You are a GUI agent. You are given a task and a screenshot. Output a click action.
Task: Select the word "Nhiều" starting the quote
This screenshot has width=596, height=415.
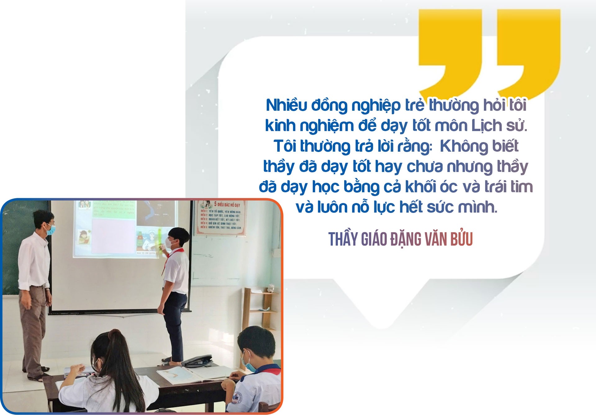coord(286,105)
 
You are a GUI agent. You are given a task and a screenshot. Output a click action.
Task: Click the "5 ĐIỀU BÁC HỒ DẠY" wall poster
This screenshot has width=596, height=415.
coord(221,217)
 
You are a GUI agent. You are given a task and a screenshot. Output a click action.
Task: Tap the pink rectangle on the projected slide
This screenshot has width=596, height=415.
coord(113,236)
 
